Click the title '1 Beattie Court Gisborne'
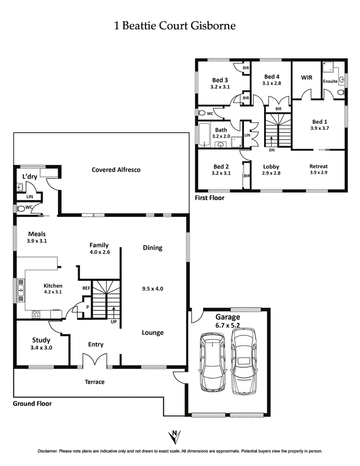click(175, 26)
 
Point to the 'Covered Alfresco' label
click(116, 170)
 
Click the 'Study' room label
click(41, 340)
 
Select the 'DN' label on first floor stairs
click(271, 150)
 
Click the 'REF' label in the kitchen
click(86, 288)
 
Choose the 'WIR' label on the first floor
click(306, 77)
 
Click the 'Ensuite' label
click(330, 81)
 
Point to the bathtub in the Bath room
click(203, 135)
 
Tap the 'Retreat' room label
click(319, 166)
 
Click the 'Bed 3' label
click(220, 81)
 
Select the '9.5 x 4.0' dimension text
click(153, 288)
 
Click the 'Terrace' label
click(94, 382)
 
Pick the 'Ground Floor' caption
click(32, 403)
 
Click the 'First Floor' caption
click(209, 197)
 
